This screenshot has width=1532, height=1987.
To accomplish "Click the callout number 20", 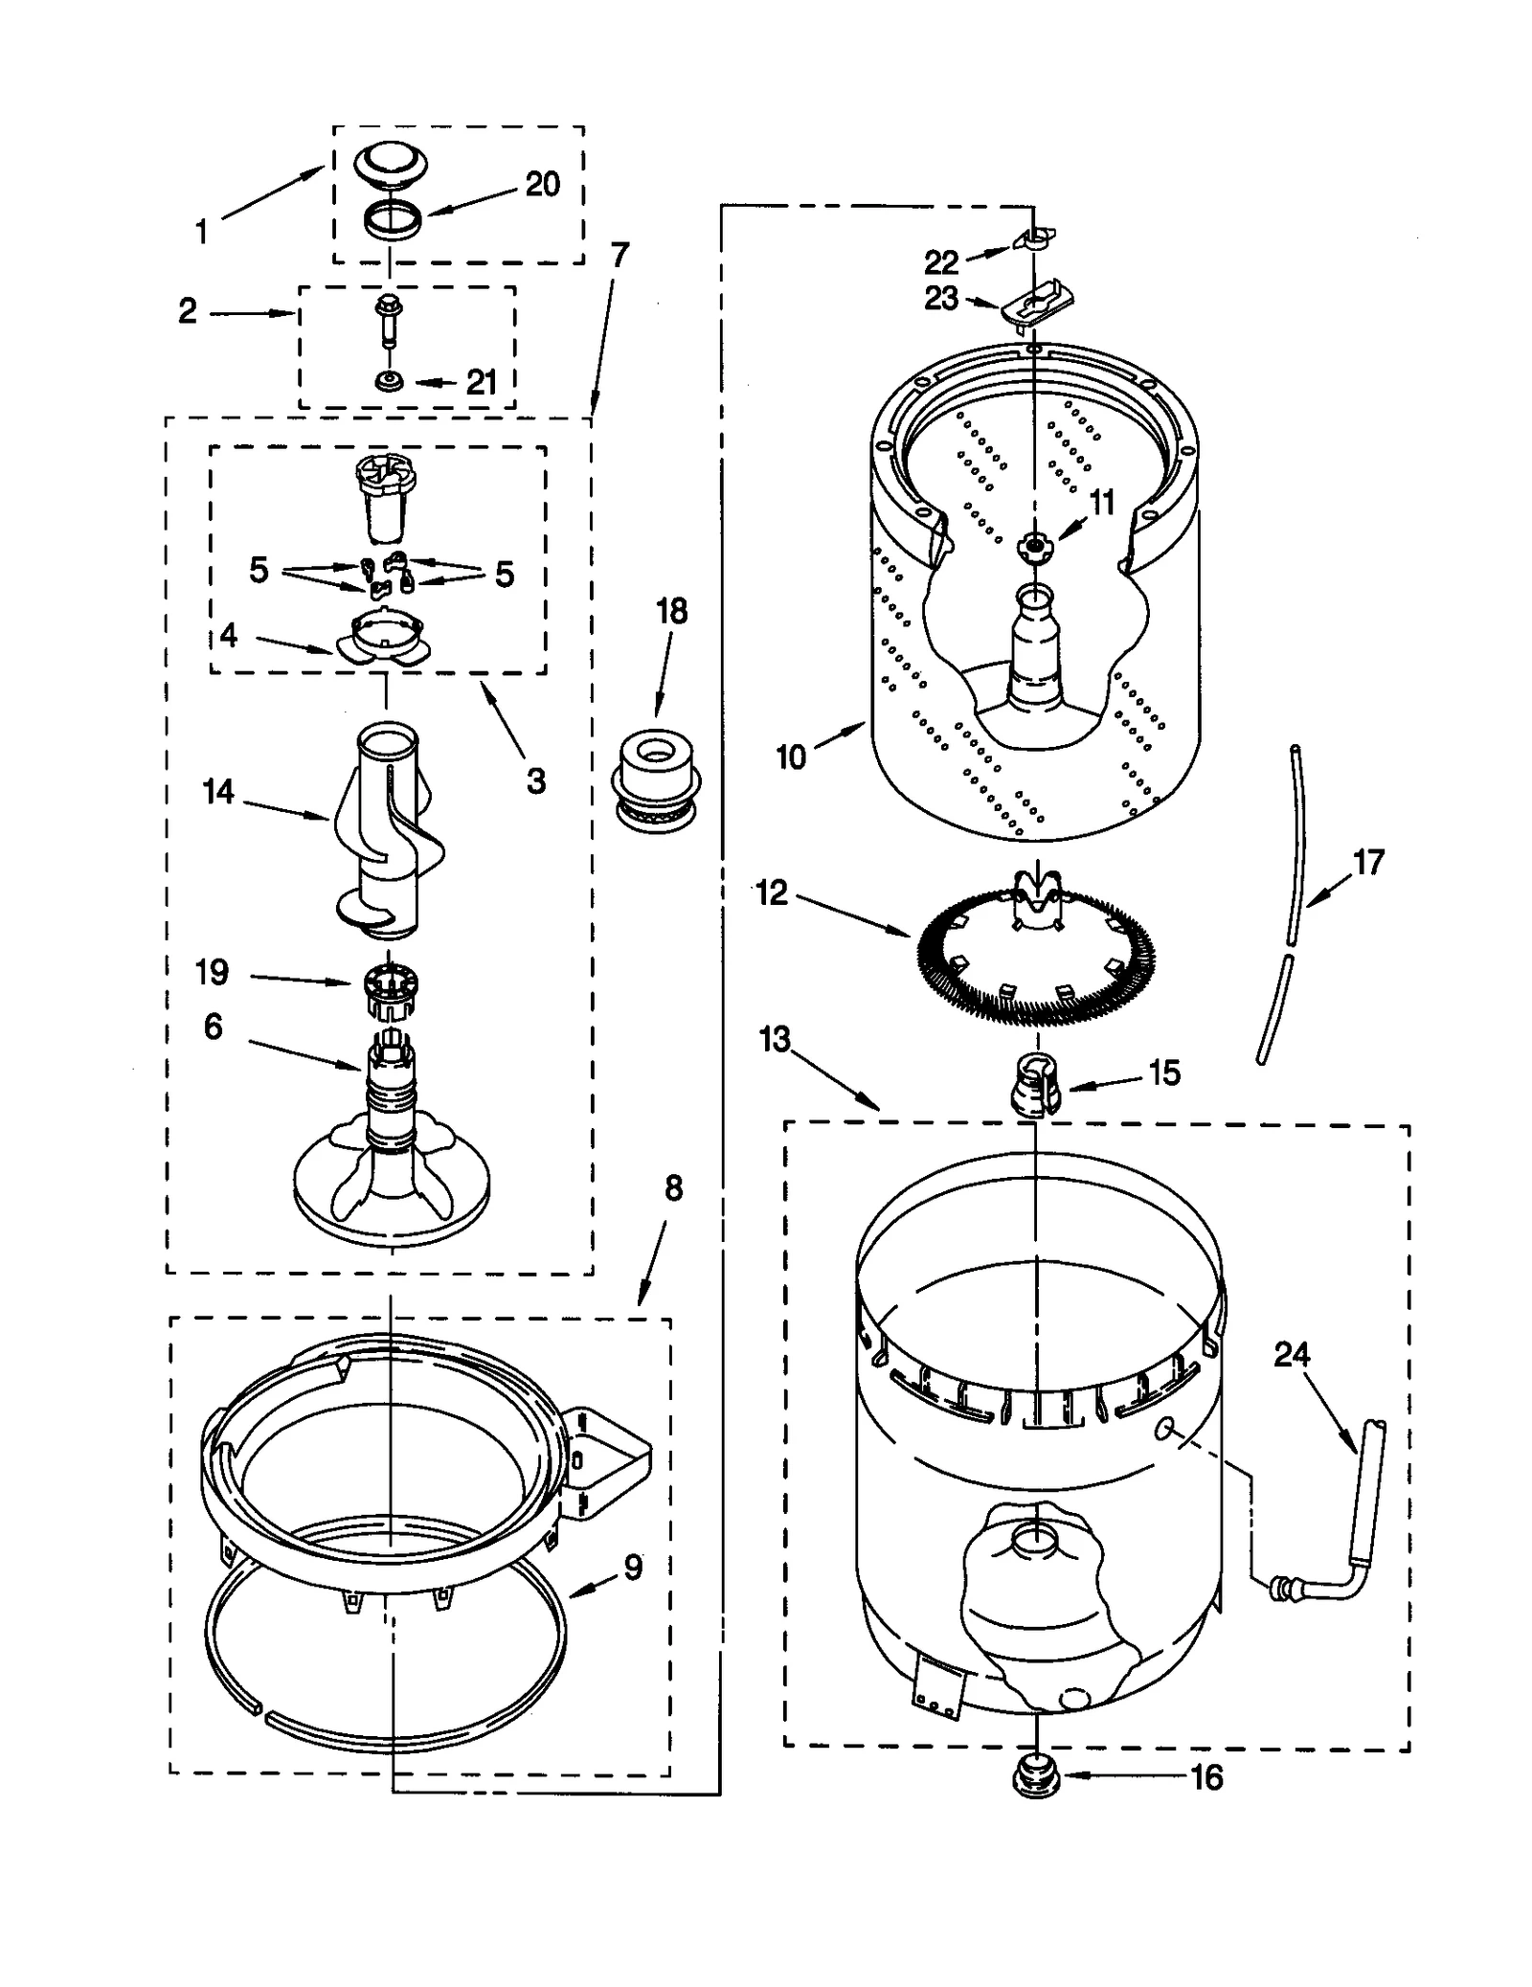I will (542, 184).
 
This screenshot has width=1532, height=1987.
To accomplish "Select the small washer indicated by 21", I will (389, 382).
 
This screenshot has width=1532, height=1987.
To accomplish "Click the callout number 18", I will (671, 611).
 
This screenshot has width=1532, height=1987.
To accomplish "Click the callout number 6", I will (213, 1027).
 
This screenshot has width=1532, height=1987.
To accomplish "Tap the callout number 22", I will (940, 261).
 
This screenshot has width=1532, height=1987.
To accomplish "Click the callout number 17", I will (1368, 862).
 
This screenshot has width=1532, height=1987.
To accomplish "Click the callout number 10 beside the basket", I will (791, 756).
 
